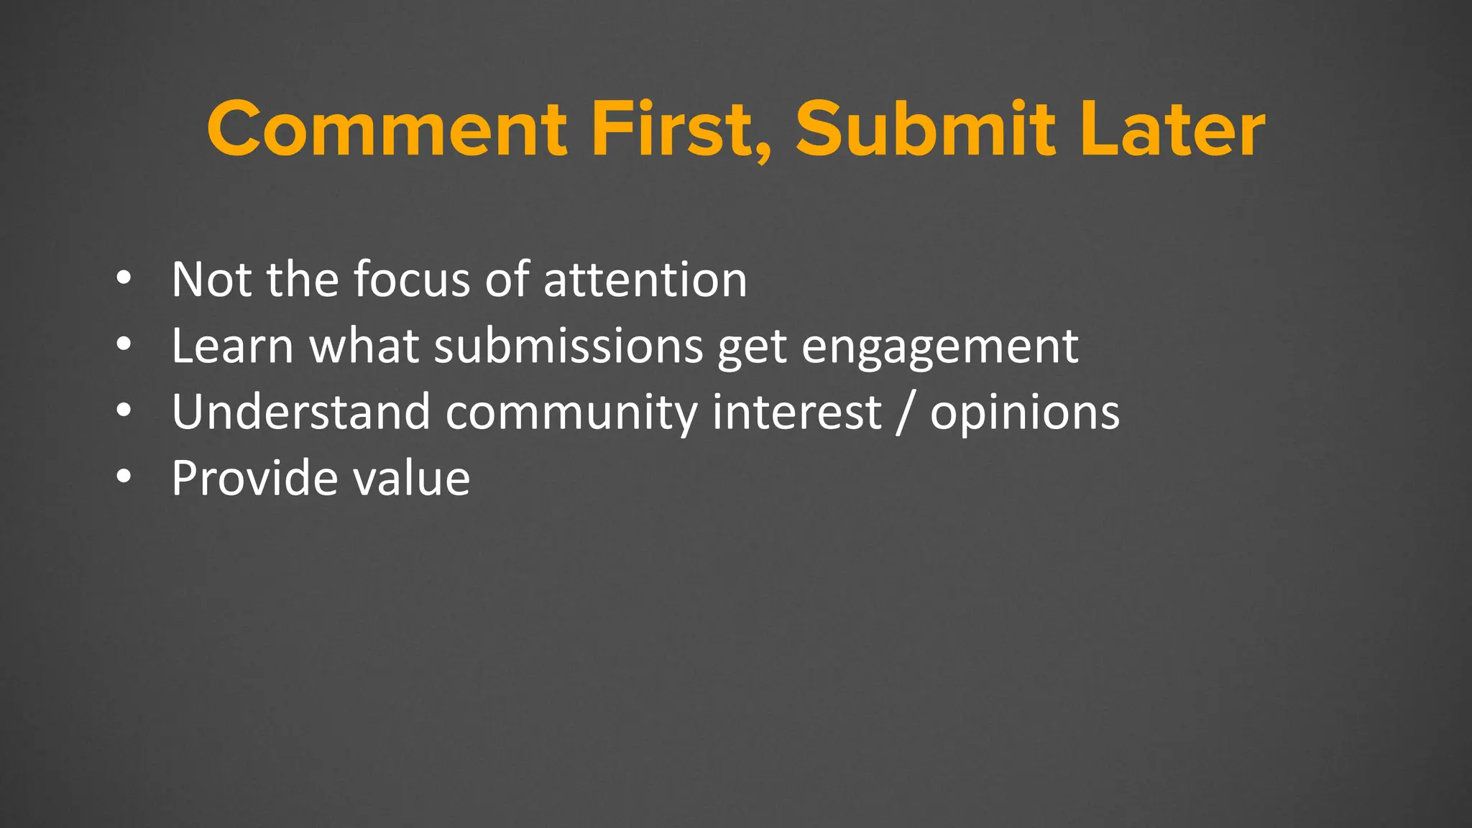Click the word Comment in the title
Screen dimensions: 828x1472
click(387, 129)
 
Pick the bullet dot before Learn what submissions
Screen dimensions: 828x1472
click(124, 345)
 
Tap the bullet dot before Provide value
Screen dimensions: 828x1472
click(124, 477)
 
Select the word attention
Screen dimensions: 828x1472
click(645, 279)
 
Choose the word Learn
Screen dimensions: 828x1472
click(232, 346)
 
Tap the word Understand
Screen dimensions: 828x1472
click(300, 412)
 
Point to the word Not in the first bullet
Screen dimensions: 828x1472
click(205, 279)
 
